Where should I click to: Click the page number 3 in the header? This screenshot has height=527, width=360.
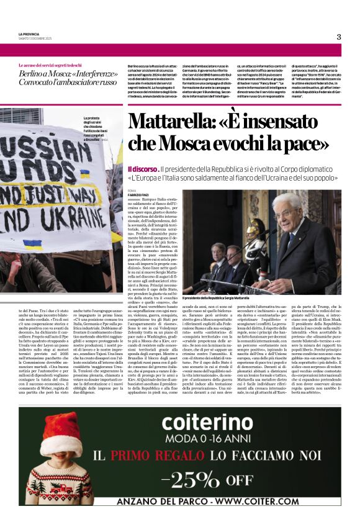(339, 37)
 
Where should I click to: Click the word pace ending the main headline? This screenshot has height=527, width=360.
(306, 144)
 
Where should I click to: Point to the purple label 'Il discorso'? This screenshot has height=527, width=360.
(142, 169)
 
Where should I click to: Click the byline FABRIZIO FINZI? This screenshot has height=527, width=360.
(140, 196)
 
